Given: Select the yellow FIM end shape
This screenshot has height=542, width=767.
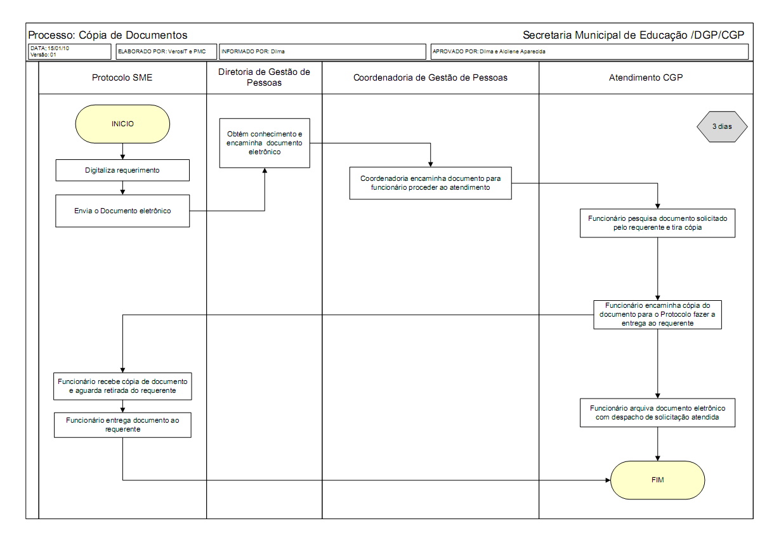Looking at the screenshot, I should [x=657, y=480].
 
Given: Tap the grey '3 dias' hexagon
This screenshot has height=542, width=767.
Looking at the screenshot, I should [x=722, y=126].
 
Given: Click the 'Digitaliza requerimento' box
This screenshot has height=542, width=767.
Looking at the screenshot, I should [x=122, y=170].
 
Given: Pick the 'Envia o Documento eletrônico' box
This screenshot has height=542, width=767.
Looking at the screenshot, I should [x=122, y=210].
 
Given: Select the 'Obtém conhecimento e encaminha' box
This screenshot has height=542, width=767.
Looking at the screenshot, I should [x=265, y=143].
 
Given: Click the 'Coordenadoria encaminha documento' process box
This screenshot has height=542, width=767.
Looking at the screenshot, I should [x=430, y=183].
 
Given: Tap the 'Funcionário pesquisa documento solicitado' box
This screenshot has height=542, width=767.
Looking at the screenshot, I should [x=657, y=222].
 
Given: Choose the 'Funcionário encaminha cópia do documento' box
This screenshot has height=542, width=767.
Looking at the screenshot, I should [x=657, y=314].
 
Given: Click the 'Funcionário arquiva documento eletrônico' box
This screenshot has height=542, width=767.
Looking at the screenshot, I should [x=657, y=413].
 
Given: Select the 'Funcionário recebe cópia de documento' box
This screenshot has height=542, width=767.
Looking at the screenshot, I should [x=122, y=387].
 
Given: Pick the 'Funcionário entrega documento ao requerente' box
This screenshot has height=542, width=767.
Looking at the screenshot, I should [x=122, y=425].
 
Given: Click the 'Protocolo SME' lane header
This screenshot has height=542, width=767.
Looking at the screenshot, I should [x=122, y=77].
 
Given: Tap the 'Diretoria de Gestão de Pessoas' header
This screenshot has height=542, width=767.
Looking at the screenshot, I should [x=265, y=77].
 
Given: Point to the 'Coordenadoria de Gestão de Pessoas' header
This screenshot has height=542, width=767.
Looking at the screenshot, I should [x=430, y=77].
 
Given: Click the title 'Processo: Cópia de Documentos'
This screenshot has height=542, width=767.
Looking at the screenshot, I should [x=108, y=35].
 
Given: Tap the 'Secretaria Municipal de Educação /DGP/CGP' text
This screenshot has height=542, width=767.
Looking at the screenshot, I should [x=633, y=35].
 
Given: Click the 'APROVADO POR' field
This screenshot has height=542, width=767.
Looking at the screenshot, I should [x=589, y=51].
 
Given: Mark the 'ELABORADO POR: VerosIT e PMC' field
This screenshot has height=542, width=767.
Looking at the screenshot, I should [x=163, y=51].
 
